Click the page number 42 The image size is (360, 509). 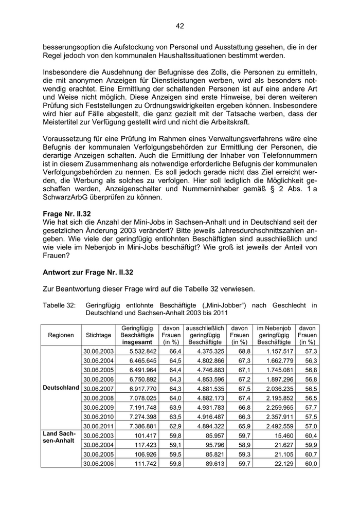(179, 26)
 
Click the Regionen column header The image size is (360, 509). (61, 335)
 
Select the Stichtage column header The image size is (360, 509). (99, 335)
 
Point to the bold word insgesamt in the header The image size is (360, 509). (137, 342)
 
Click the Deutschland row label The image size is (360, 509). (61, 387)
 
